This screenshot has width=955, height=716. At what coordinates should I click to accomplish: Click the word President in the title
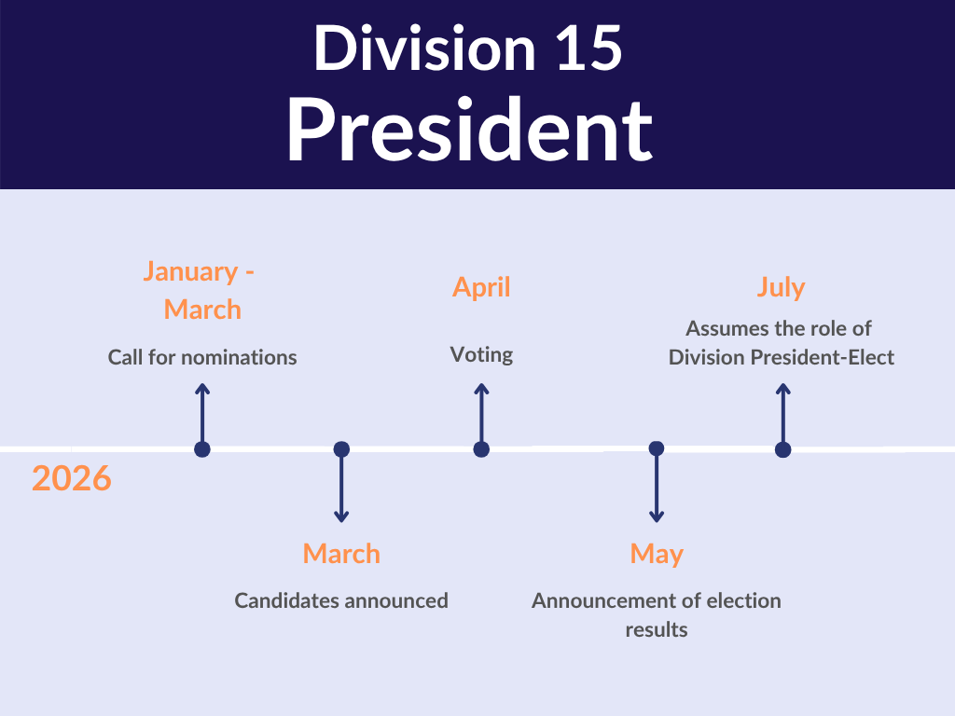470,131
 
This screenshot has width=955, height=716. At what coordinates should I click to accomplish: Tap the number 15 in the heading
588,48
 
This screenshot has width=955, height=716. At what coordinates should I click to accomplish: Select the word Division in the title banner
424,48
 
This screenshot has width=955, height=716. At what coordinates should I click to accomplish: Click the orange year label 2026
71,478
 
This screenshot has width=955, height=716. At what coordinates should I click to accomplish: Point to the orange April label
481,287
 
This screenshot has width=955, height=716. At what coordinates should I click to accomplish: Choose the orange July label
781,287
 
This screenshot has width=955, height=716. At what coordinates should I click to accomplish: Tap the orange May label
657,554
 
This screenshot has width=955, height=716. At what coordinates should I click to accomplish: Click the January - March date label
201,291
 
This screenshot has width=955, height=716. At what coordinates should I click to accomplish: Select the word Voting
481,354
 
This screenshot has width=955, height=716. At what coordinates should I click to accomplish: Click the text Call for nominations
202,357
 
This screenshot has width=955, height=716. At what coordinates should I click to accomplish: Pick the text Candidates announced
341,601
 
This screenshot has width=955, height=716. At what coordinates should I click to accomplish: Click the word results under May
657,629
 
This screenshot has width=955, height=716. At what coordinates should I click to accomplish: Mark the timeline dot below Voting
481,449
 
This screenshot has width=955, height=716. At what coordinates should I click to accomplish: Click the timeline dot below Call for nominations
202,449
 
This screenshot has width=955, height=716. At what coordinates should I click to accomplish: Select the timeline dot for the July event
783,450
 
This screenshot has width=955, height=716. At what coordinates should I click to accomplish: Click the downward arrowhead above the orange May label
657,517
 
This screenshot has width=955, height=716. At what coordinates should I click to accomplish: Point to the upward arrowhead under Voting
481,388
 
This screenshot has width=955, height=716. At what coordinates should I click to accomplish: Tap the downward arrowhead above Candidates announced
341,517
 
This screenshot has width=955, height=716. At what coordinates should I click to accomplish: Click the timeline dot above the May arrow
657,448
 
